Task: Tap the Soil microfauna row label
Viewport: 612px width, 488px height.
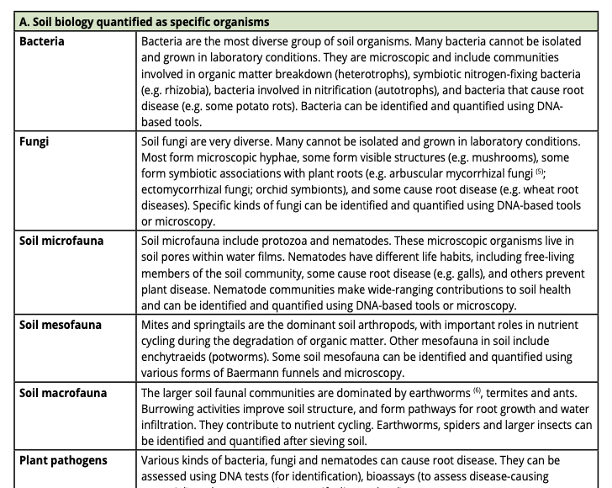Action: (61, 241)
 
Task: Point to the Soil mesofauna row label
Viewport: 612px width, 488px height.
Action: (61, 325)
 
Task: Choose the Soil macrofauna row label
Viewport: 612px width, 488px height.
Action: (64, 392)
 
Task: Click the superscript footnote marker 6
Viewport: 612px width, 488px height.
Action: (477, 390)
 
